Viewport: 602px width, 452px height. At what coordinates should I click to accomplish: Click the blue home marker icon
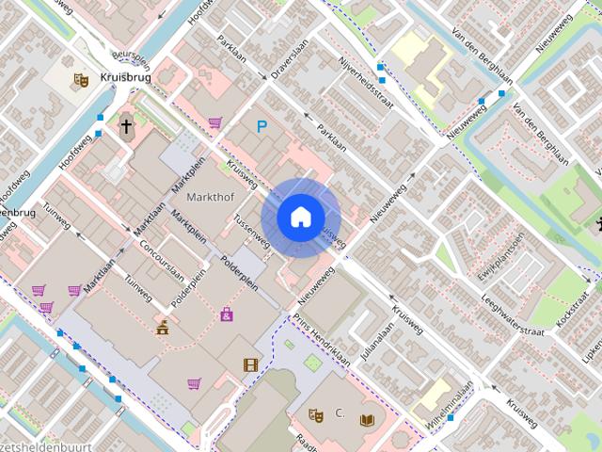[x=300, y=218]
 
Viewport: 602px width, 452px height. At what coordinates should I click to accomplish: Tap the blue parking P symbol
[x=261, y=125]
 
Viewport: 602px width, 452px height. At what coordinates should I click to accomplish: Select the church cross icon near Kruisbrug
[x=125, y=126]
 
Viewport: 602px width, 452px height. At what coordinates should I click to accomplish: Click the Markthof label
[x=210, y=198]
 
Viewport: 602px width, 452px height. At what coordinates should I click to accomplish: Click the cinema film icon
[x=249, y=364]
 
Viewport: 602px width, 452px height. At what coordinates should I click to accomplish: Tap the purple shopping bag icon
[x=227, y=315]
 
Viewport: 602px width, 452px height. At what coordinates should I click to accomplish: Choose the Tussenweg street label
[x=251, y=231]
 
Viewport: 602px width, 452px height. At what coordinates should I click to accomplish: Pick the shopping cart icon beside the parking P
[x=215, y=122]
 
